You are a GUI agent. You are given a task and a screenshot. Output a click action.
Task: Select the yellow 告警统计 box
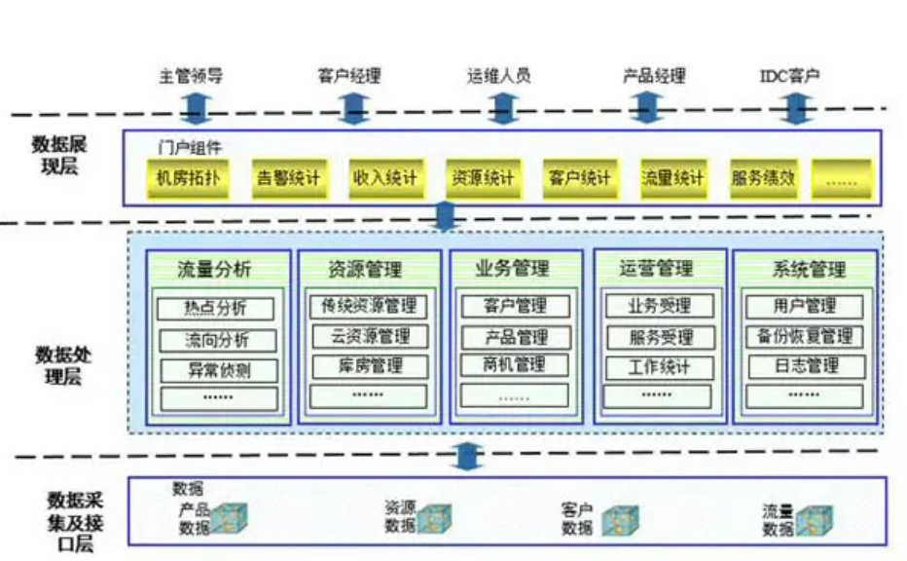pyautogui.click(x=287, y=178)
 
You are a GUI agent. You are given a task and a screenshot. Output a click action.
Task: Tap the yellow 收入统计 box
pyautogui.click(x=384, y=178)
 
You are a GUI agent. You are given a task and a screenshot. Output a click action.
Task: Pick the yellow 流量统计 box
pyautogui.click(x=671, y=178)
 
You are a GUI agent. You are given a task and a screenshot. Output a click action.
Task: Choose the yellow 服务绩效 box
pyautogui.click(x=763, y=178)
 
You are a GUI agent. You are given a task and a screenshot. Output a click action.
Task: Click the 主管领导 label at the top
pyautogui.click(x=191, y=75)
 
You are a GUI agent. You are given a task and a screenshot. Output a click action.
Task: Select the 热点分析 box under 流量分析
pyautogui.click(x=217, y=309)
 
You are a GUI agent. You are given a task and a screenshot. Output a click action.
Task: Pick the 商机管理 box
pyautogui.click(x=516, y=365)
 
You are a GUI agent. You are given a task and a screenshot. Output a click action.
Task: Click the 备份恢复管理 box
pyautogui.click(x=805, y=337)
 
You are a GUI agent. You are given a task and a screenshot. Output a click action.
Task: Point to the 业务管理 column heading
pyautogui.click(x=513, y=268)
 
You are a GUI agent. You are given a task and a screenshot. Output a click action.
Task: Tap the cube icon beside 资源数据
pyautogui.click(x=434, y=519)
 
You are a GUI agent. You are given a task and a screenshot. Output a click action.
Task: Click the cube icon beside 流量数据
pyautogui.click(x=814, y=519)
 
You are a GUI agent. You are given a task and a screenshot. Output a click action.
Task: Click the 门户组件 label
pyautogui.click(x=191, y=148)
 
